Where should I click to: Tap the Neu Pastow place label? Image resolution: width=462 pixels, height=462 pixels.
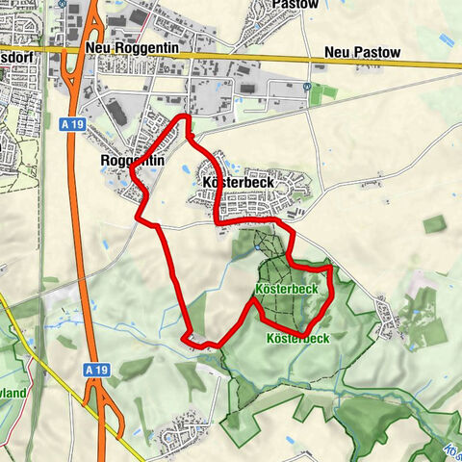pos(357,51)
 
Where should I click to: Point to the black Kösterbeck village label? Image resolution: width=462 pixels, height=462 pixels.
pos(240,182)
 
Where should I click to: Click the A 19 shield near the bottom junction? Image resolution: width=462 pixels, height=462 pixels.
pos(93,369)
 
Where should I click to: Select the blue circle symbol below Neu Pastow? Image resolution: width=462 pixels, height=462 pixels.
pos(306,86)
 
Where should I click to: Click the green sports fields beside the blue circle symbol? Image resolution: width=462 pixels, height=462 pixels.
pos(325,92)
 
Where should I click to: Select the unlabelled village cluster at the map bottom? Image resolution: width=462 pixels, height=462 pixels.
pos(183,433)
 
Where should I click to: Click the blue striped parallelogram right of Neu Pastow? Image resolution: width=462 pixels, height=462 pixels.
pos(446,41)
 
